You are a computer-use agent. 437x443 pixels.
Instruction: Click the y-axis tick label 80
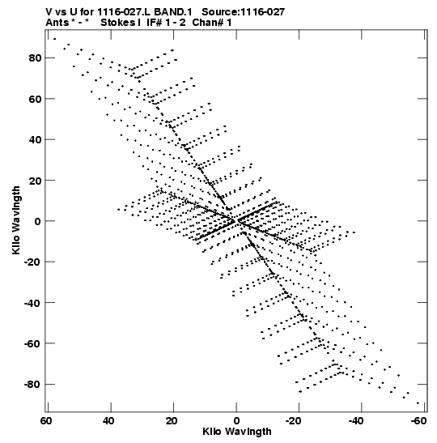[x=35, y=58]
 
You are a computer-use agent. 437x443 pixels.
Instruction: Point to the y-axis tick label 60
[x=35, y=99]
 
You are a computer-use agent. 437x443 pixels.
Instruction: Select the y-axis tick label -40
[x=32, y=303]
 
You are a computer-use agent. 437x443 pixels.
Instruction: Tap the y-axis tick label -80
[x=32, y=385]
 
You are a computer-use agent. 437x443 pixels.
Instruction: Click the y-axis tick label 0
[x=38, y=221]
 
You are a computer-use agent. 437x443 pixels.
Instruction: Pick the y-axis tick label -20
[x=32, y=262]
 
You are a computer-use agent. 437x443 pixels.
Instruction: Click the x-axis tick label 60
[x=46, y=421]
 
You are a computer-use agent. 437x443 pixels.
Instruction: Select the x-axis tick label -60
[x=418, y=421]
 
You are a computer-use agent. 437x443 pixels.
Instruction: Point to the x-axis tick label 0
[x=236, y=421]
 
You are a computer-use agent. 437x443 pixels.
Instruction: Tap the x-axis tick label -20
[x=293, y=421]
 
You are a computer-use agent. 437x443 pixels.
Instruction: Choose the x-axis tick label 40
[x=108, y=421]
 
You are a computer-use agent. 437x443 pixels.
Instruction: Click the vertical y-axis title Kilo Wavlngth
[x=16, y=220]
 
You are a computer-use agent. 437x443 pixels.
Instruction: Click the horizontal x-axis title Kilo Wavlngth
[x=237, y=432]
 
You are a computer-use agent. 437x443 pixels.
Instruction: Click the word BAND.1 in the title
[x=173, y=12]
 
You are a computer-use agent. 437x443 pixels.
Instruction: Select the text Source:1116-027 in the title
[x=244, y=12]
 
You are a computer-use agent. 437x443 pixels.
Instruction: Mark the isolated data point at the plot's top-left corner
[x=54, y=39]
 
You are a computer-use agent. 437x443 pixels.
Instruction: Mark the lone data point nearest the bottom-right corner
[x=418, y=403]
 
